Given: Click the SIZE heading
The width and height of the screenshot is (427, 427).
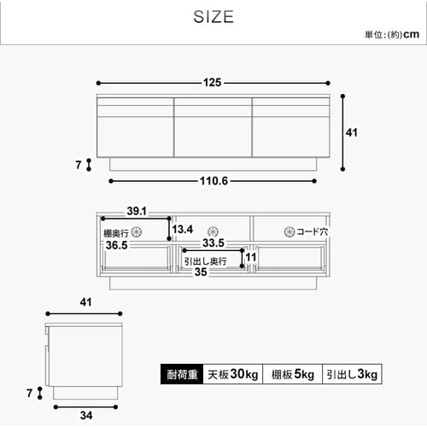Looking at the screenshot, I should (213, 17).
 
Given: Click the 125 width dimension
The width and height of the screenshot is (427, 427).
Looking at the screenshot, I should (213, 83).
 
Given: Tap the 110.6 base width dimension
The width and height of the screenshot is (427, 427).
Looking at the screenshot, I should (213, 181).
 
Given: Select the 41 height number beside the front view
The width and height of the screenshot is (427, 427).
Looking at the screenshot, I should (352, 132).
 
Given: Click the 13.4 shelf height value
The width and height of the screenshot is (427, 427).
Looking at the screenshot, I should (183, 230).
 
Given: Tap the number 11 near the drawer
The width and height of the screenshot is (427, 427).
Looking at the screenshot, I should (250, 256).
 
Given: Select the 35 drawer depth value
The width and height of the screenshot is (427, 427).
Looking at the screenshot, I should (201, 273).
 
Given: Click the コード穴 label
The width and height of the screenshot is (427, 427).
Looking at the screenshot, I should (314, 231).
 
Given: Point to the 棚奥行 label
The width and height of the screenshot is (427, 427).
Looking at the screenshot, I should (116, 231).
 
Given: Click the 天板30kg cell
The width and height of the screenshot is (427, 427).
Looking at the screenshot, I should (230, 374).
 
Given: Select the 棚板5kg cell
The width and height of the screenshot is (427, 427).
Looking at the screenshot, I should (291, 374).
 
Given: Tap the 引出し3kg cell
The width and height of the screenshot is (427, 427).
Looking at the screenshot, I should (350, 374).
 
